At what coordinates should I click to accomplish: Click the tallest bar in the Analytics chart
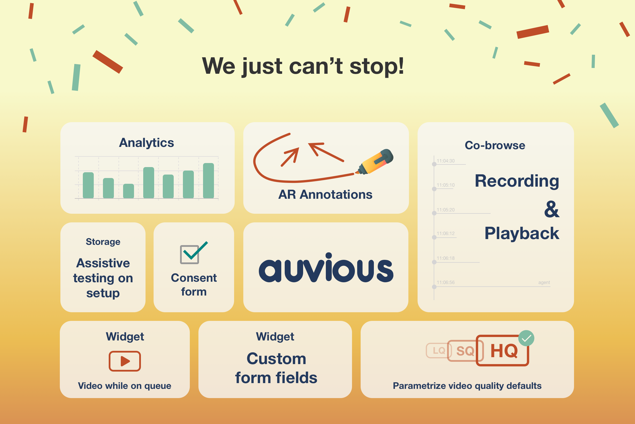click(209, 181)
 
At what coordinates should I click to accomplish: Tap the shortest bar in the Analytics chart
click(129, 191)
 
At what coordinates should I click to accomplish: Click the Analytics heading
click(146, 143)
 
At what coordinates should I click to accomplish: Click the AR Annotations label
click(325, 195)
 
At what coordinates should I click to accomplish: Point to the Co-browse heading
click(495, 145)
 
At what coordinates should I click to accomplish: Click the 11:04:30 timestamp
click(445, 161)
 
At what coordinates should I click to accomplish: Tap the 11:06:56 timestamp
click(445, 282)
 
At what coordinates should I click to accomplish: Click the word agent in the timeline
click(544, 283)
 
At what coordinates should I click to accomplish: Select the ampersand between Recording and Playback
click(552, 209)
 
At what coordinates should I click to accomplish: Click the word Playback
click(522, 233)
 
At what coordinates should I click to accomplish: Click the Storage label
click(103, 242)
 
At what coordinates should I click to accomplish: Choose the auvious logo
click(326, 268)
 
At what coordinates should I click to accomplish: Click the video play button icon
click(125, 361)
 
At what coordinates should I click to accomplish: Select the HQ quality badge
click(502, 351)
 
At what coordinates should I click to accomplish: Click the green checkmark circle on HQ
click(526, 338)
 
